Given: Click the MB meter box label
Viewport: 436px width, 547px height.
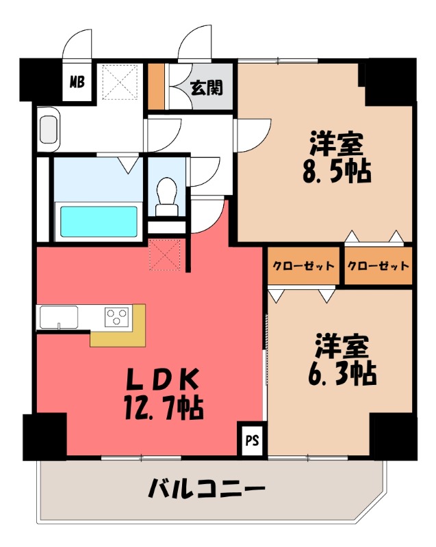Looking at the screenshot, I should (76, 83).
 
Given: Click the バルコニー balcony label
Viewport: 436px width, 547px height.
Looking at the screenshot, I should (206, 490).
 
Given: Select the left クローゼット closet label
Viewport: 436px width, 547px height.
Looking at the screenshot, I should (303, 266).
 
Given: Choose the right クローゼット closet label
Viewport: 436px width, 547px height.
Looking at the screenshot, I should (379, 266).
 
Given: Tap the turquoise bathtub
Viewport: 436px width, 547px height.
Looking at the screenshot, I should (100, 221).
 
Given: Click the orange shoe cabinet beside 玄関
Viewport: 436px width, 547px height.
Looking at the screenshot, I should (157, 86).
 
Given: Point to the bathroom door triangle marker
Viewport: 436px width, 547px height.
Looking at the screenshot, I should (125, 164).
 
